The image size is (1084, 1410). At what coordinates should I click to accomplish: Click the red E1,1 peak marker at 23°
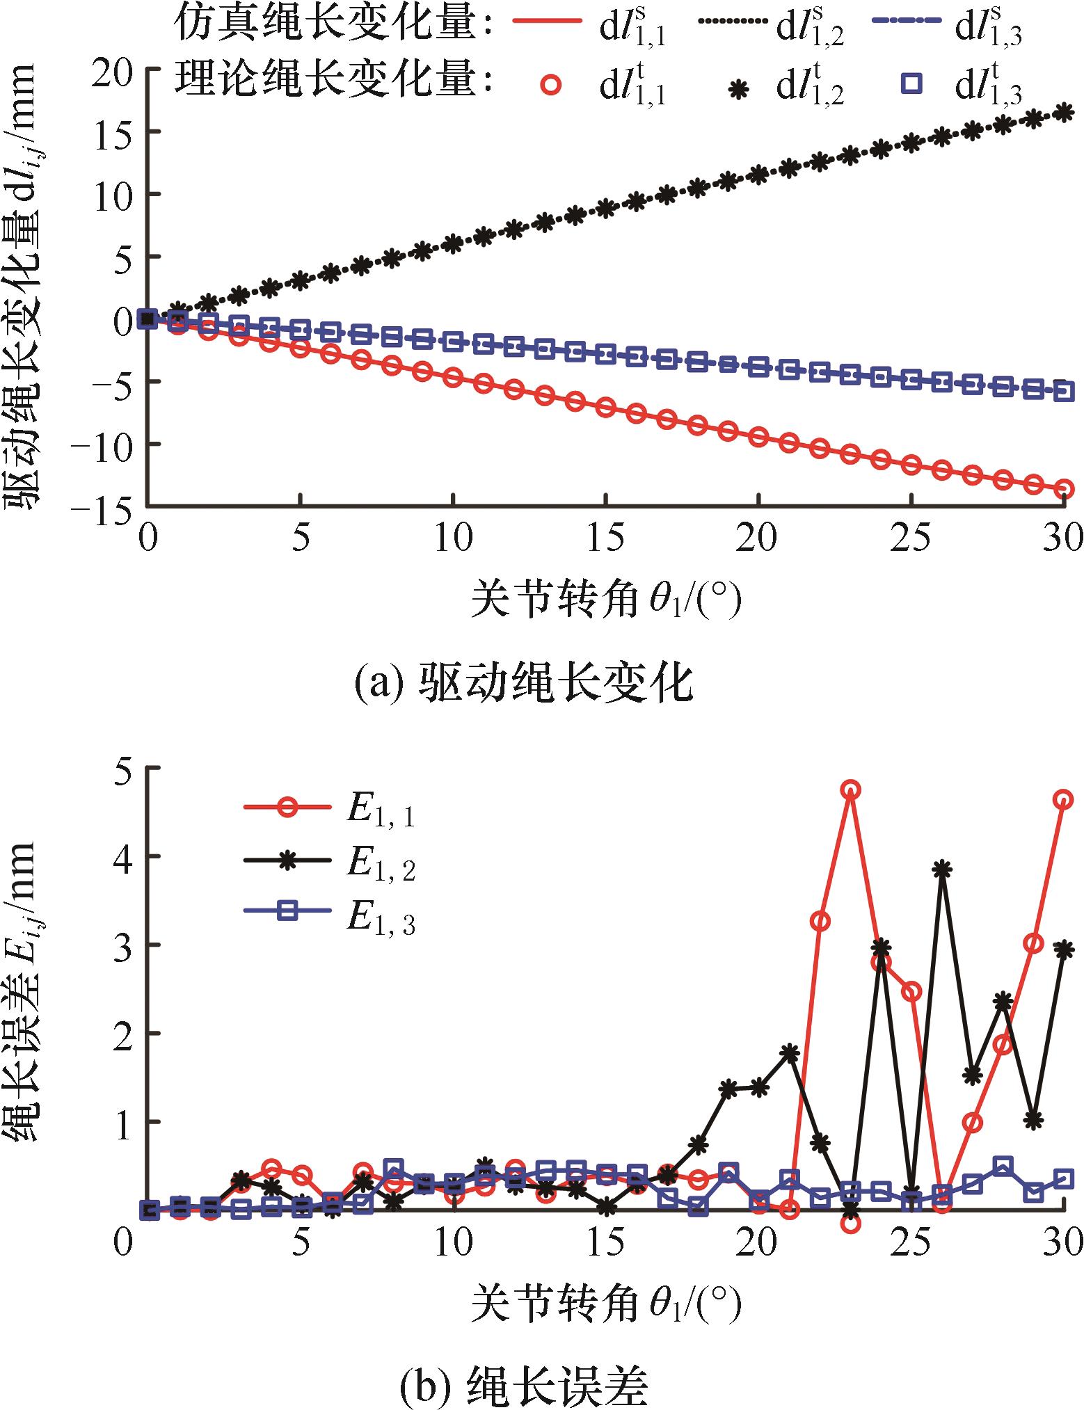[x=850, y=790]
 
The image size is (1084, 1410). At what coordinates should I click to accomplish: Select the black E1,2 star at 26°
[x=942, y=869]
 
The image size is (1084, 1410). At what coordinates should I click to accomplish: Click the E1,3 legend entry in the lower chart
[x=330, y=918]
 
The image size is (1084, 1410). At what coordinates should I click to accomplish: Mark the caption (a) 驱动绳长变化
[x=523, y=684]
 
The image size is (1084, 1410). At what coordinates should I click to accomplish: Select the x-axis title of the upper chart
[x=605, y=600]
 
